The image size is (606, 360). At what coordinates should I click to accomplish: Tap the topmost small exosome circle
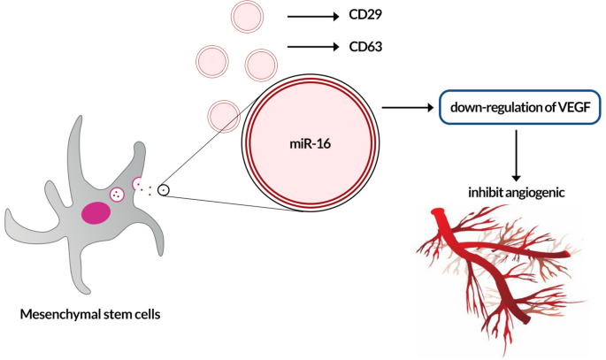[248, 17]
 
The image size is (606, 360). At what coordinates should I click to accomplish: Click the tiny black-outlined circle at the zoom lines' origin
[164, 190]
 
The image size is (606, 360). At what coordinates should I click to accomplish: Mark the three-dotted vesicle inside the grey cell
[116, 195]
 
